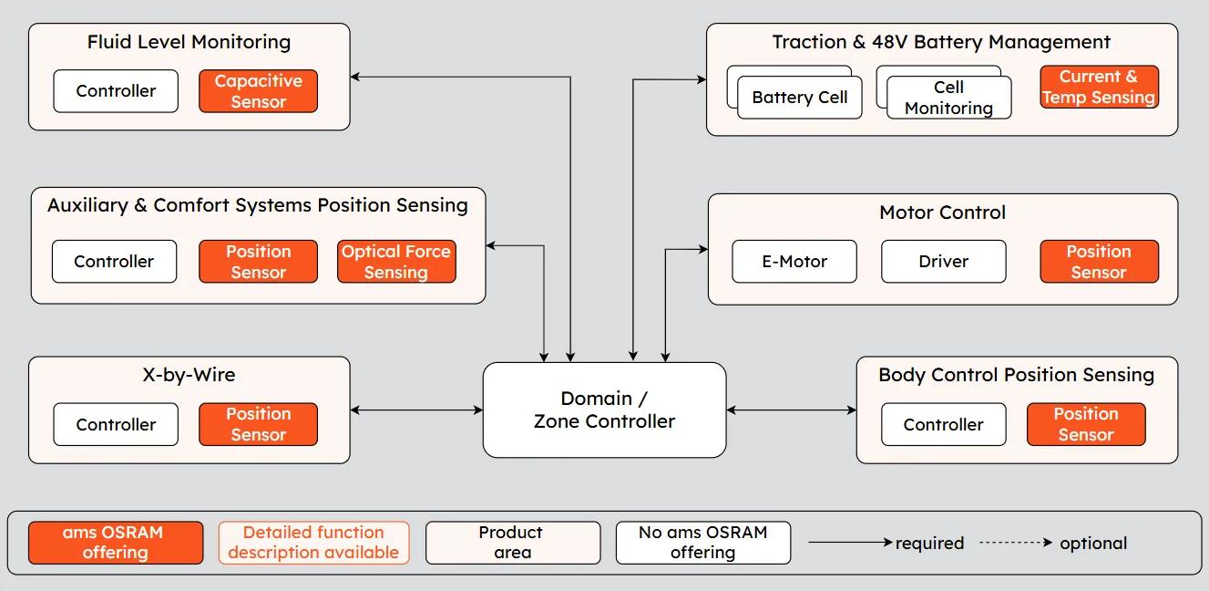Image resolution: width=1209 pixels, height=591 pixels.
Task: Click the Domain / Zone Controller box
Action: [x=604, y=410]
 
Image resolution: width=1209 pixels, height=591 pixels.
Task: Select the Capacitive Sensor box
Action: [x=258, y=91]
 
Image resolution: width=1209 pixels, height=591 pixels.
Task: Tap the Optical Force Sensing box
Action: [x=396, y=262]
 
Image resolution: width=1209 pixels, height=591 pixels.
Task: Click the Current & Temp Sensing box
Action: [x=1099, y=88]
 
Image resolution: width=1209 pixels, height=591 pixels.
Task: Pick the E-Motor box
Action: [x=794, y=262]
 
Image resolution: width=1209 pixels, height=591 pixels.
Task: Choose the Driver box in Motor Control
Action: [x=943, y=262]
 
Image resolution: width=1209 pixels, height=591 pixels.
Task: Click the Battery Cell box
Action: [x=799, y=98]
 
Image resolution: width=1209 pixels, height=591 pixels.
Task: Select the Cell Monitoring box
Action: [x=948, y=98]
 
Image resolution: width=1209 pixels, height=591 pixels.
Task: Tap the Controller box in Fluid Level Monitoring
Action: [x=116, y=91]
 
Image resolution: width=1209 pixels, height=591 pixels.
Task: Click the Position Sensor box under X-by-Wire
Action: [x=258, y=424]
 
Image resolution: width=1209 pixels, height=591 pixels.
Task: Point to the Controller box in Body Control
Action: [x=943, y=424]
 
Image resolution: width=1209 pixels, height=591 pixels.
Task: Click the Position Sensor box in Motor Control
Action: [x=1099, y=262]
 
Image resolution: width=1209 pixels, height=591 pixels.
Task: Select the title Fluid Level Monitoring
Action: [x=189, y=42]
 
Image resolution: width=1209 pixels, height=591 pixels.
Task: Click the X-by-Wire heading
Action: [x=189, y=375]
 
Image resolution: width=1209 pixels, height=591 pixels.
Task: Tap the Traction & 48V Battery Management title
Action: [x=941, y=42]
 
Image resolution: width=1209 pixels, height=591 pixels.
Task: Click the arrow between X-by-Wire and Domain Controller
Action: [x=416, y=410]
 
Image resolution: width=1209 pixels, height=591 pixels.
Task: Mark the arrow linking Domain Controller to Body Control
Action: [x=791, y=410]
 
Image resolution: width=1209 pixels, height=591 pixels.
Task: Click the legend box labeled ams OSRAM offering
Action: [x=115, y=543]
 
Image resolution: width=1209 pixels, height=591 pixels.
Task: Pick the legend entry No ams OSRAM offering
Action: [x=702, y=543]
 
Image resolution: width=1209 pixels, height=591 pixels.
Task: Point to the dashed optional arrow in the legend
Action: [x=1016, y=543]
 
